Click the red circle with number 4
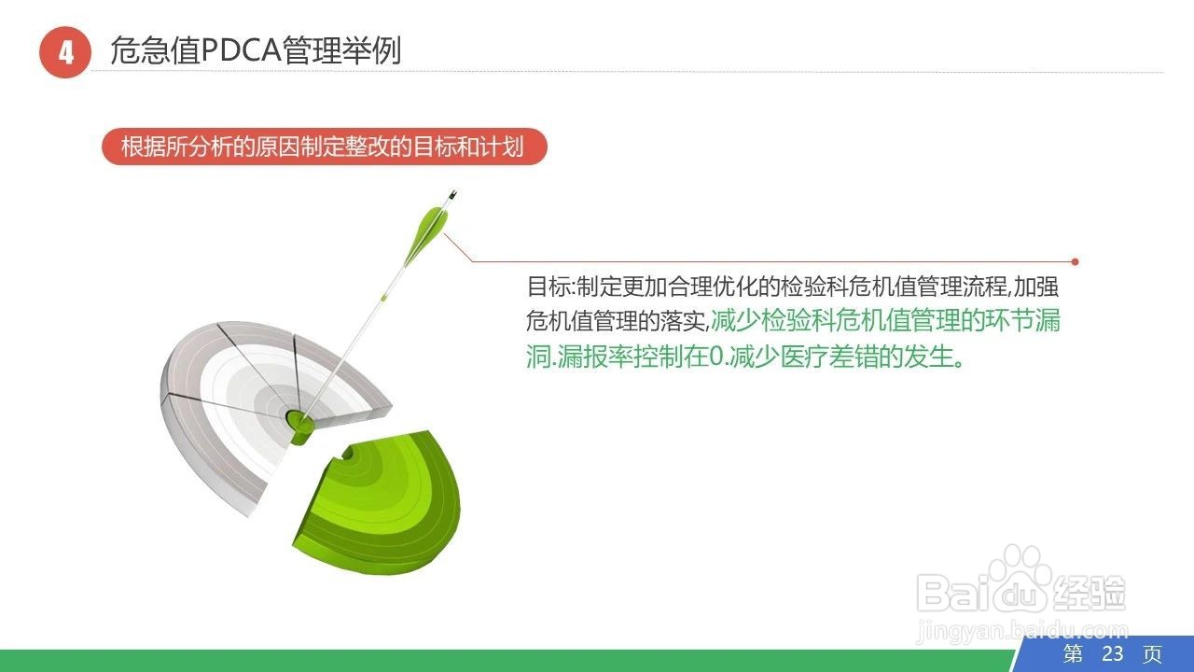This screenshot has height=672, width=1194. [64, 52]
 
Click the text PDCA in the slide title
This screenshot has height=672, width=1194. [241, 50]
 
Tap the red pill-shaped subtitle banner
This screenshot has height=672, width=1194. [324, 147]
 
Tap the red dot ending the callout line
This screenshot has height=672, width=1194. [1076, 262]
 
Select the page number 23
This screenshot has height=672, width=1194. [1112, 653]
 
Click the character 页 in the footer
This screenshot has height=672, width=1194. [1153, 653]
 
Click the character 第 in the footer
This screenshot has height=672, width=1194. [1074, 653]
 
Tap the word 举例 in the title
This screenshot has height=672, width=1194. [380, 50]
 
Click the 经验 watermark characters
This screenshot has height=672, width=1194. [1090, 592]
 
